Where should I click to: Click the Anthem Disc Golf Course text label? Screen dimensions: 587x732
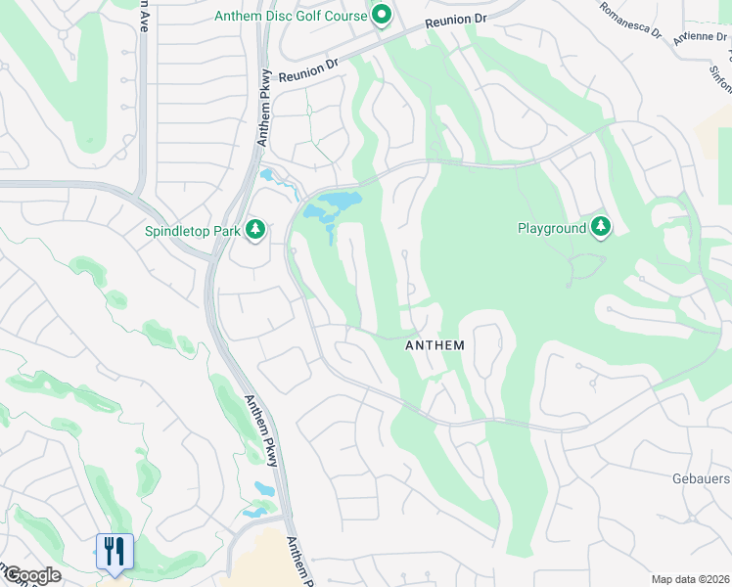[290, 16]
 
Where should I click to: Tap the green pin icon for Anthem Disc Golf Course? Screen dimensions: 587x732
[381, 15]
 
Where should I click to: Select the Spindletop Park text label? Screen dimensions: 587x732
[192, 231]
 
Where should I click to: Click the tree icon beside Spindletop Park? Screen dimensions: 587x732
[255, 229]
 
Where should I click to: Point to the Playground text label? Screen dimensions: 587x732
[551, 228]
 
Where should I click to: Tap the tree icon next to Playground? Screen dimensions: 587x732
[601, 228]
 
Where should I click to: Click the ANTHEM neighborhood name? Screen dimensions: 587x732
[435, 346]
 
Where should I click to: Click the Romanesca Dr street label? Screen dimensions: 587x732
[630, 21]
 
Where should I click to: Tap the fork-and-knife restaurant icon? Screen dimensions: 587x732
[114, 551]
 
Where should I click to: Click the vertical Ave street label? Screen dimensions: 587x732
[145, 16]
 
